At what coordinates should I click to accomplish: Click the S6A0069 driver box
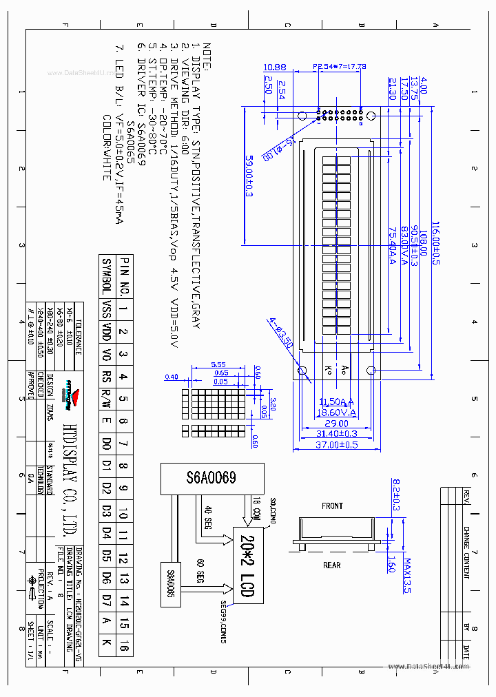click(x=211, y=478)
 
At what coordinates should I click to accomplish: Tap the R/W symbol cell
click(x=106, y=398)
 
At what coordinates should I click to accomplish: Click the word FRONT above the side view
click(x=332, y=506)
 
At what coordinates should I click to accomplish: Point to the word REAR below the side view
click(x=332, y=565)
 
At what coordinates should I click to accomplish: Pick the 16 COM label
click(x=256, y=506)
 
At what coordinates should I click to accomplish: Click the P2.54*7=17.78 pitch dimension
click(x=340, y=67)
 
